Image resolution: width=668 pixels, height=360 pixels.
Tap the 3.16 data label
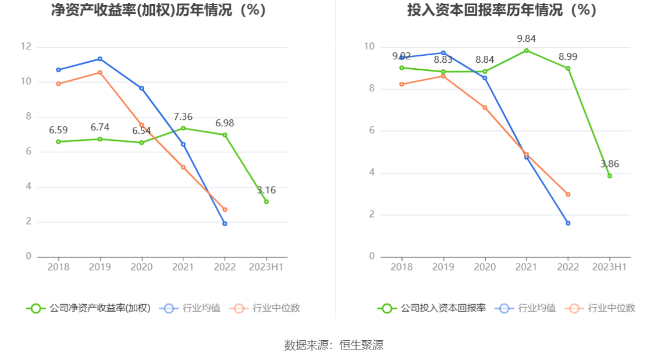(267, 190)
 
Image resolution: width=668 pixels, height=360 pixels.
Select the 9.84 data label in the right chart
(526, 39)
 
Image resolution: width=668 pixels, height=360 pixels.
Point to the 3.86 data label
(610, 164)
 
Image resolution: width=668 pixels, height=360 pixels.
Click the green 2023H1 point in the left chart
(267, 202)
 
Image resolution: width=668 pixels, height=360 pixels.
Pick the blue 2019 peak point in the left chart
(100, 59)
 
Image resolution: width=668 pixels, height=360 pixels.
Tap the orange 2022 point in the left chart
(225, 209)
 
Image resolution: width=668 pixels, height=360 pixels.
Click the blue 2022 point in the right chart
(568, 223)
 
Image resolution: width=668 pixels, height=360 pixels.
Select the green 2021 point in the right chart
(527, 51)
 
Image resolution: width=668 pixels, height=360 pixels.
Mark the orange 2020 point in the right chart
(485, 108)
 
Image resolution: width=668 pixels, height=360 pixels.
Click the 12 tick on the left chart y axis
(26, 47)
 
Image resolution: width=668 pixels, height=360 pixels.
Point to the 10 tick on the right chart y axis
(369, 47)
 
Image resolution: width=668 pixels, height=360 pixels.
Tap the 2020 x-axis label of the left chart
(141, 267)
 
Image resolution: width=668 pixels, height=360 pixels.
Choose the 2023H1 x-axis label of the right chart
(609, 267)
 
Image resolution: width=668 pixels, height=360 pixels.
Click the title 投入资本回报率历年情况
(502, 10)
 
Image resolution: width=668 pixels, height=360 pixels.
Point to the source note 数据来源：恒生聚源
(333, 345)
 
